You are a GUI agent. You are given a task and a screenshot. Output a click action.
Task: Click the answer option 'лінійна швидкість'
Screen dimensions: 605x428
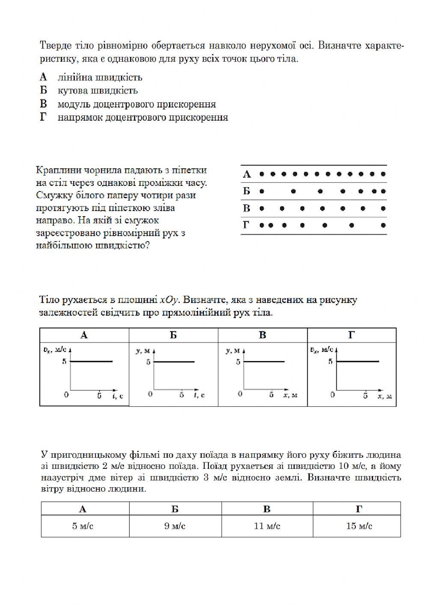[100, 77]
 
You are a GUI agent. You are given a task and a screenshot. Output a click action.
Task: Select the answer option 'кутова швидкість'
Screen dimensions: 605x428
[98, 91]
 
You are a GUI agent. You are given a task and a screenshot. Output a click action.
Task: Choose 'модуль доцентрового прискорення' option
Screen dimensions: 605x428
[137, 104]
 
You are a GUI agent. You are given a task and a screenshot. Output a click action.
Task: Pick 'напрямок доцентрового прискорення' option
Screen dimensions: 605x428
[143, 118]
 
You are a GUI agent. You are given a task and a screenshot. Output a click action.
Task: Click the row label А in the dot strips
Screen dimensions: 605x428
[247, 174]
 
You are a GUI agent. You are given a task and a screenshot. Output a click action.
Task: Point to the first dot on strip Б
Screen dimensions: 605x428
[262, 191]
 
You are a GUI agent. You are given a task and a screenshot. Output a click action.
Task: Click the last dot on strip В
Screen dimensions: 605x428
[383, 209]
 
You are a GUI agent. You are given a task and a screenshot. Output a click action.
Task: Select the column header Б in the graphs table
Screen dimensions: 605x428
[173, 335]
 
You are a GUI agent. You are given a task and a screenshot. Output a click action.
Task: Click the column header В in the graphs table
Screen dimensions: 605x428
[262, 335]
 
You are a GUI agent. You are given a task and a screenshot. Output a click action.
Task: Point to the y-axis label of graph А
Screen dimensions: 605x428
[53, 350]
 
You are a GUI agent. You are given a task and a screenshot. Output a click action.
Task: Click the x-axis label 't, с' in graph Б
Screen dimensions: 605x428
[199, 395]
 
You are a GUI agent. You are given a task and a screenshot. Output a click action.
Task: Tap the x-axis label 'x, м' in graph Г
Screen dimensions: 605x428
[385, 396]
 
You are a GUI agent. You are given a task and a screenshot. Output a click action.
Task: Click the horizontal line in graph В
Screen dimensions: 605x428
[264, 362]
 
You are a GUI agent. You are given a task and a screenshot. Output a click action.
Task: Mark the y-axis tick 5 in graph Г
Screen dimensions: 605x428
[330, 362]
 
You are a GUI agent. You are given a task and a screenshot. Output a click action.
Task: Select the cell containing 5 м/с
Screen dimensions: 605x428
[83, 526]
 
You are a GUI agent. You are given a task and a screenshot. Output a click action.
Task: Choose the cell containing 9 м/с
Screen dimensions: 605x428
[175, 526]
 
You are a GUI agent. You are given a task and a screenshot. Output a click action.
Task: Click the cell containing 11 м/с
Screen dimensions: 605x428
[267, 526]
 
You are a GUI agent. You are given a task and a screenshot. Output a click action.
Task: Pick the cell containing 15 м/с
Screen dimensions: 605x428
[359, 526]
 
